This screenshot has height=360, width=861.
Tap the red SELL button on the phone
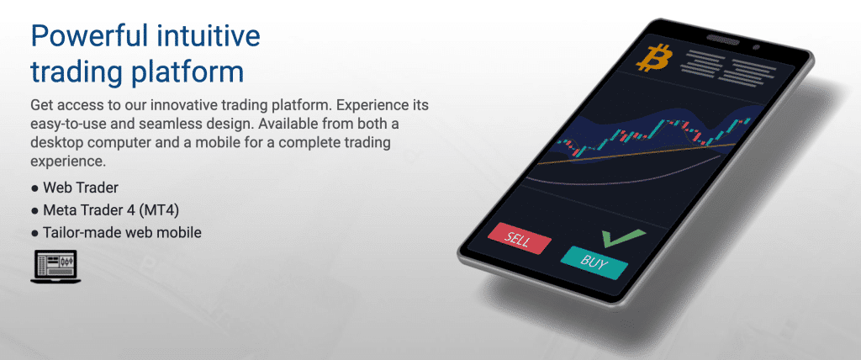click(x=519, y=238)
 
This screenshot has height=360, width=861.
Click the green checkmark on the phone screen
click(x=618, y=237)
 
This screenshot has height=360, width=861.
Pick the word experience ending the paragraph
click(x=65, y=160)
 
